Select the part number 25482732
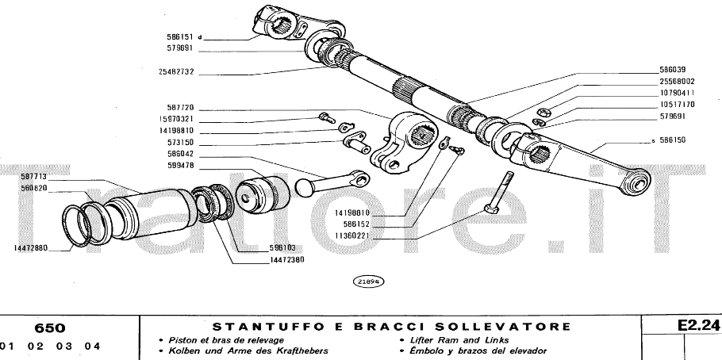[173, 71]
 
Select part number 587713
[34, 176]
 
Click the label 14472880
[30, 248]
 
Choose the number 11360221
[351, 236]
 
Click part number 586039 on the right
[677, 69]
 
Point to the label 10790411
[677, 92]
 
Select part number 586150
[677, 140]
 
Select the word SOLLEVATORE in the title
[505, 327]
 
